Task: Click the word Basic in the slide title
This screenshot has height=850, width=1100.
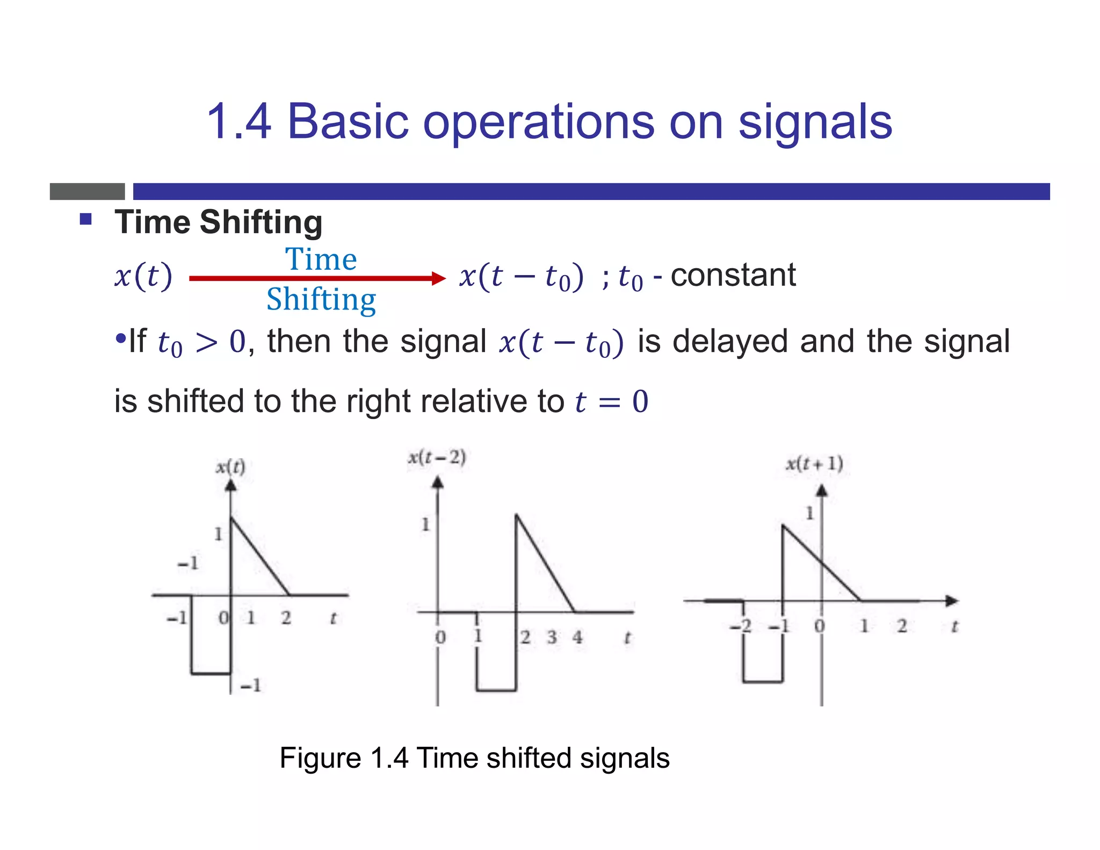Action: pyautogui.click(x=348, y=123)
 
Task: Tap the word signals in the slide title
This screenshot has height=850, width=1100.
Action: pyautogui.click(x=815, y=123)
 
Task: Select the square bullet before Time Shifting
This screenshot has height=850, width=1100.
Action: pyautogui.click(x=86, y=219)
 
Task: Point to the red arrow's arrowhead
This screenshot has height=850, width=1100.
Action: pyautogui.click(x=439, y=278)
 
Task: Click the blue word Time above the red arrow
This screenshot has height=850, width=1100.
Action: pyautogui.click(x=321, y=260)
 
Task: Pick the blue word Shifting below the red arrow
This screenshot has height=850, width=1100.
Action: pyautogui.click(x=321, y=300)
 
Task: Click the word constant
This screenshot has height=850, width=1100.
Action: pyautogui.click(x=733, y=275)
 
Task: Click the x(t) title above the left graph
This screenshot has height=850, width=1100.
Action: pyautogui.click(x=230, y=466)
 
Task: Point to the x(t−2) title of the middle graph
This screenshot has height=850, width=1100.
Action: pyautogui.click(x=437, y=458)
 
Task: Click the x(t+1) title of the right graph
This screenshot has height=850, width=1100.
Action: pyautogui.click(x=814, y=463)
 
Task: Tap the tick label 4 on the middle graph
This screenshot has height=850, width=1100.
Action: pyautogui.click(x=577, y=638)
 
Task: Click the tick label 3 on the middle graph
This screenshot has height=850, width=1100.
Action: pyautogui.click(x=552, y=638)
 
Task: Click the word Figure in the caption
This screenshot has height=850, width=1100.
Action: pyautogui.click(x=320, y=759)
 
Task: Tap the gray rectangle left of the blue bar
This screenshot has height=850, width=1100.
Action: pyautogui.click(x=87, y=191)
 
